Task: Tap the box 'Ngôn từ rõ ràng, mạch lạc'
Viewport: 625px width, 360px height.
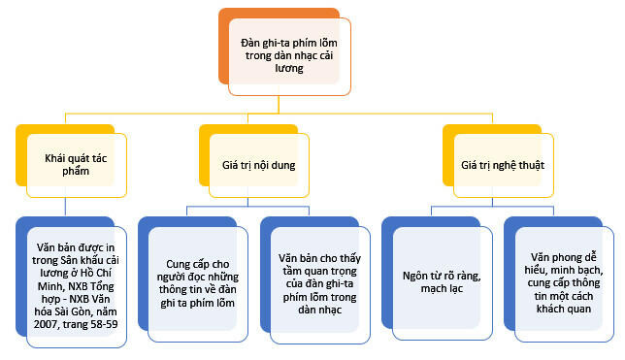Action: pyautogui.click(x=435, y=282)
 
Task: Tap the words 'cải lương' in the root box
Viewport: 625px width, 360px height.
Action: pyautogui.click(x=290, y=70)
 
